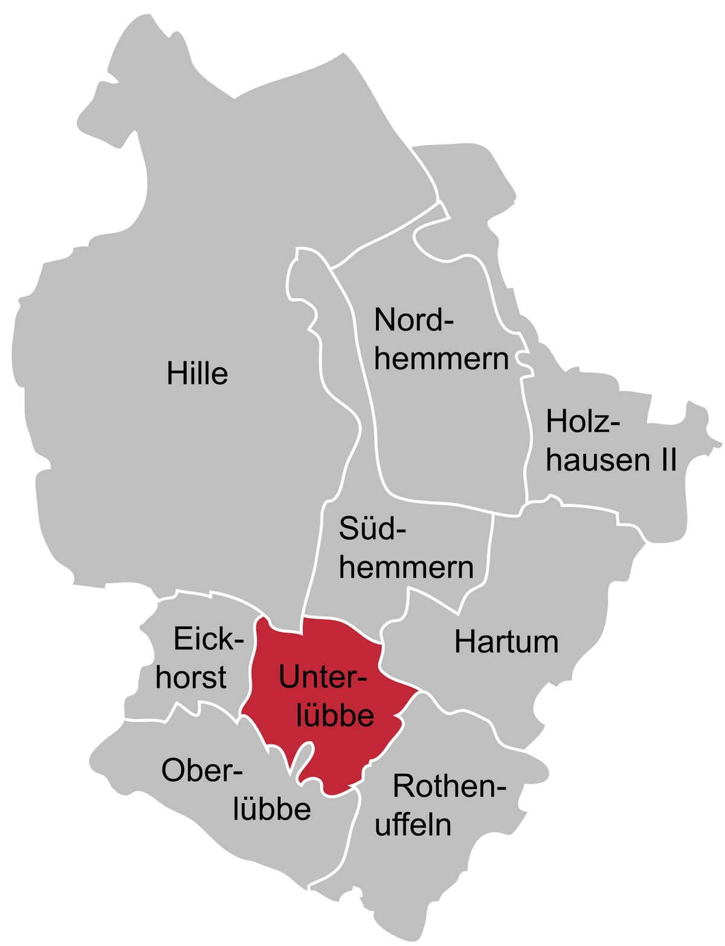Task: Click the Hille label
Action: [x=197, y=374]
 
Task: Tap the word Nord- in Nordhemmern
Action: [x=413, y=320]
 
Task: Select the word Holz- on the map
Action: [x=583, y=422]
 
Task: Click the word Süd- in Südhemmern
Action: [x=372, y=529]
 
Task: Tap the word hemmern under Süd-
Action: [x=406, y=567]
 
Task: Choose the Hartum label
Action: [x=506, y=642]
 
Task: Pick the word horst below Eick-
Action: [x=191, y=677]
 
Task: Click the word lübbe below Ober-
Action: [x=272, y=809]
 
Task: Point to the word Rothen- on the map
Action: [x=449, y=787]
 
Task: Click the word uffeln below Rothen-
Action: [x=413, y=825]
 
